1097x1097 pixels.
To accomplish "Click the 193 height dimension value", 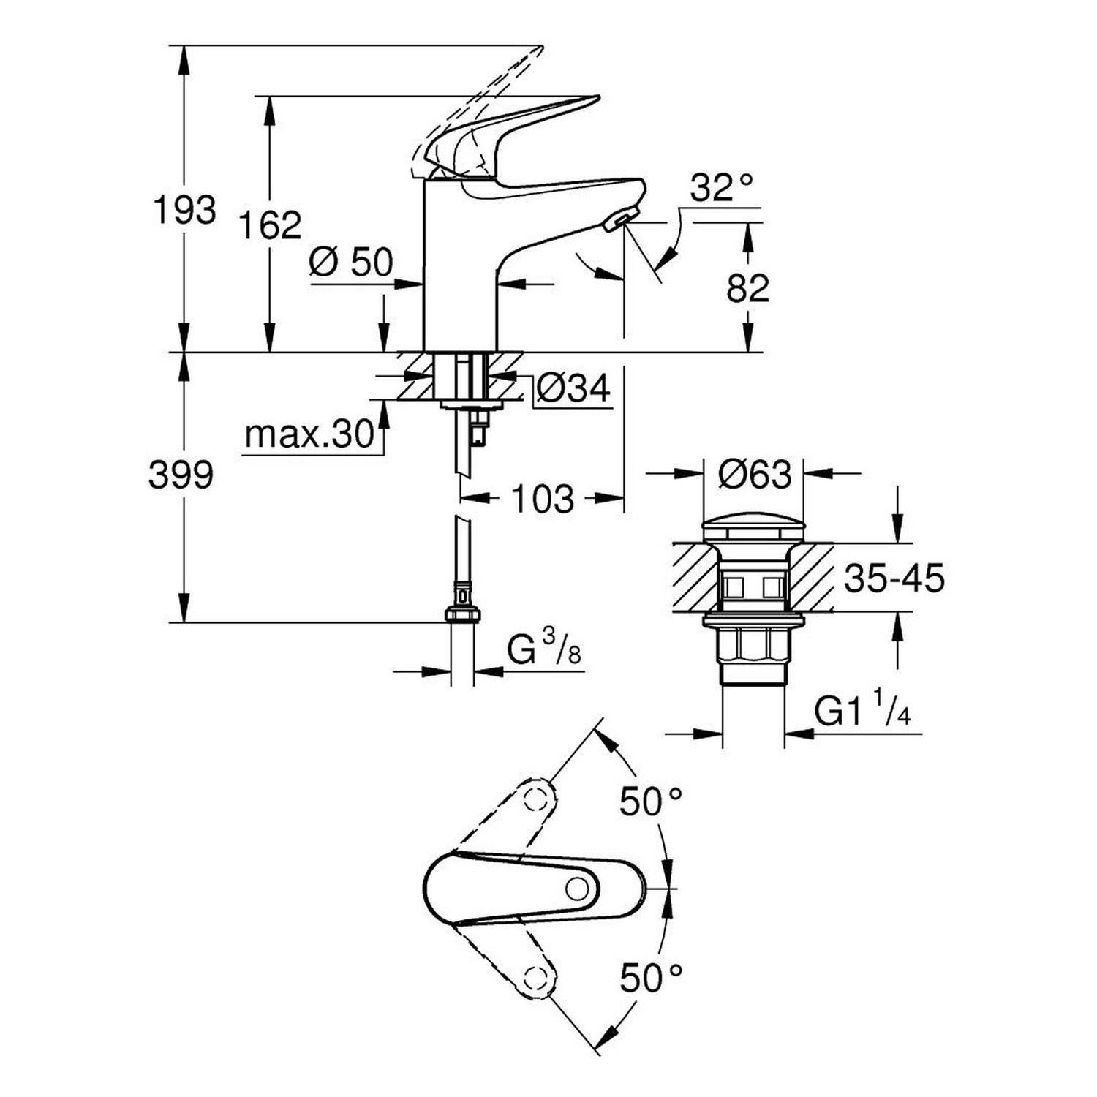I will (184, 211).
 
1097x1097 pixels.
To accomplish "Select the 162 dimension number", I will (270, 225).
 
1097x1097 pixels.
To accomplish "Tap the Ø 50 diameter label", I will (351, 262).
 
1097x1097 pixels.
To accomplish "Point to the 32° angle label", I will (721, 188).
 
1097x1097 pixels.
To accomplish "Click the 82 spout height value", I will (747, 288).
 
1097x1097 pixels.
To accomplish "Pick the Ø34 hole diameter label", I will (573, 388).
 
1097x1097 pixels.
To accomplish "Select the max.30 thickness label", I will (309, 435).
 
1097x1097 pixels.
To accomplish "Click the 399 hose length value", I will (181, 476).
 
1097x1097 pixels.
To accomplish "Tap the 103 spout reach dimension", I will (543, 500).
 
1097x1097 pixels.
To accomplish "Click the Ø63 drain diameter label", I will (754, 475).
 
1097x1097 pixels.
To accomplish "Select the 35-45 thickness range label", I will (894, 578).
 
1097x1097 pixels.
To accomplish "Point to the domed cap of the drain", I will (753, 528).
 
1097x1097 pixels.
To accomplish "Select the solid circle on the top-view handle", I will (577, 889).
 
